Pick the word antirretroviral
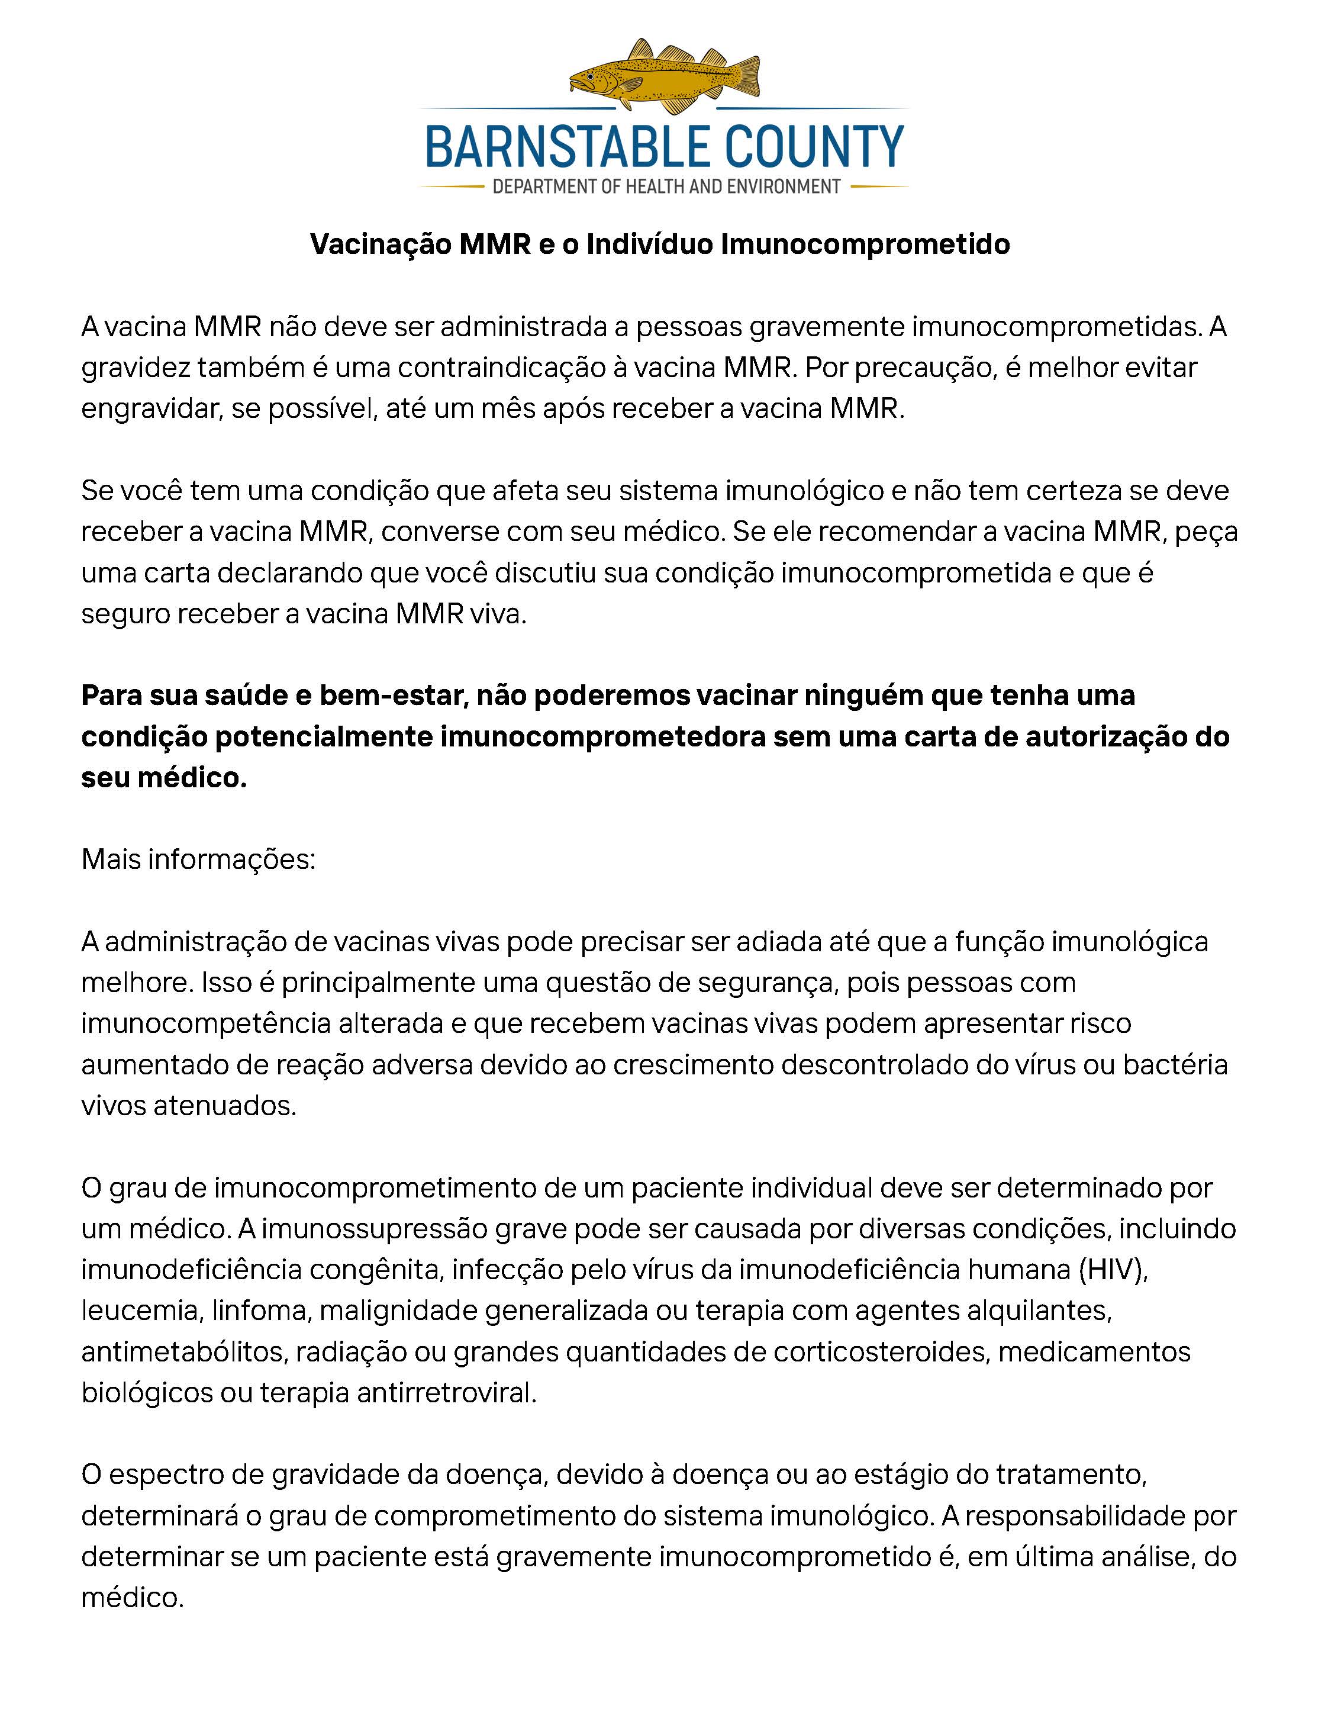447,1393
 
